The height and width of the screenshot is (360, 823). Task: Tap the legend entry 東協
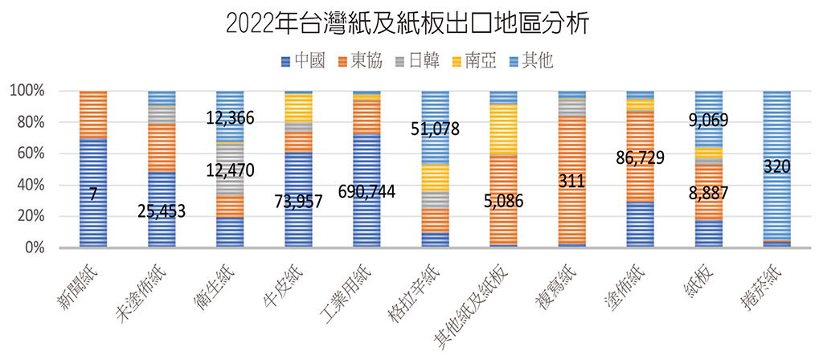click(x=362, y=60)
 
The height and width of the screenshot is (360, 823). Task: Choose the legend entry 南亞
click(x=477, y=60)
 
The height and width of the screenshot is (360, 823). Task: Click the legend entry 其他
click(x=534, y=60)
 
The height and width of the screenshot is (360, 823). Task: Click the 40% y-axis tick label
click(x=31, y=185)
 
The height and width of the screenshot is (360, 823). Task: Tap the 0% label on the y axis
click(x=35, y=247)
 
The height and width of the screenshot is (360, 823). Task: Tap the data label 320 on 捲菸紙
click(x=776, y=166)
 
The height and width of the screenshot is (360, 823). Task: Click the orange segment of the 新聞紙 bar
click(x=93, y=114)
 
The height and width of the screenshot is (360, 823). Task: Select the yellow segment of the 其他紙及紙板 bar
click(x=503, y=129)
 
